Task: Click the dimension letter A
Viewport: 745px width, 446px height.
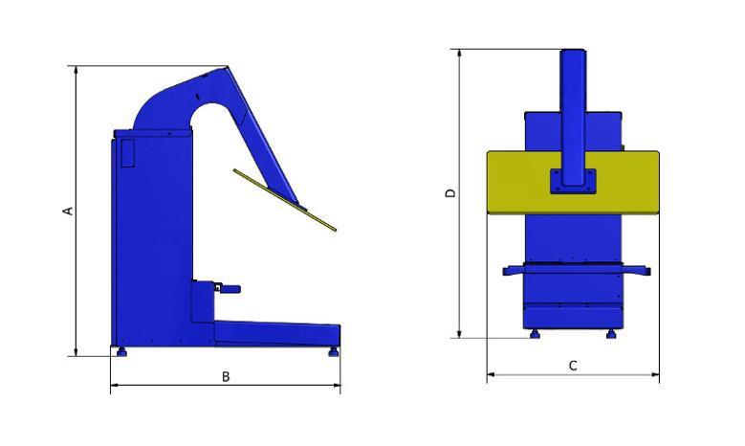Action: pos(69,211)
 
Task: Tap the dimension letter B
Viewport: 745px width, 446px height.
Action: pos(226,376)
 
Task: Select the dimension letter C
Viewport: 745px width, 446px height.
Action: pos(573,366)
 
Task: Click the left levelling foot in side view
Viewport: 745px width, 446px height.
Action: pos(121,352)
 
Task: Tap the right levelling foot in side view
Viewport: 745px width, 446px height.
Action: pos(334,352)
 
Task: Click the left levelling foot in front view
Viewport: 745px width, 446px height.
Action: pos(535,334)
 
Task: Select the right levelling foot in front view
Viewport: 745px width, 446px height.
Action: pos(611,334)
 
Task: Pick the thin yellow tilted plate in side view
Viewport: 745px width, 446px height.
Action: pos(285,200)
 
